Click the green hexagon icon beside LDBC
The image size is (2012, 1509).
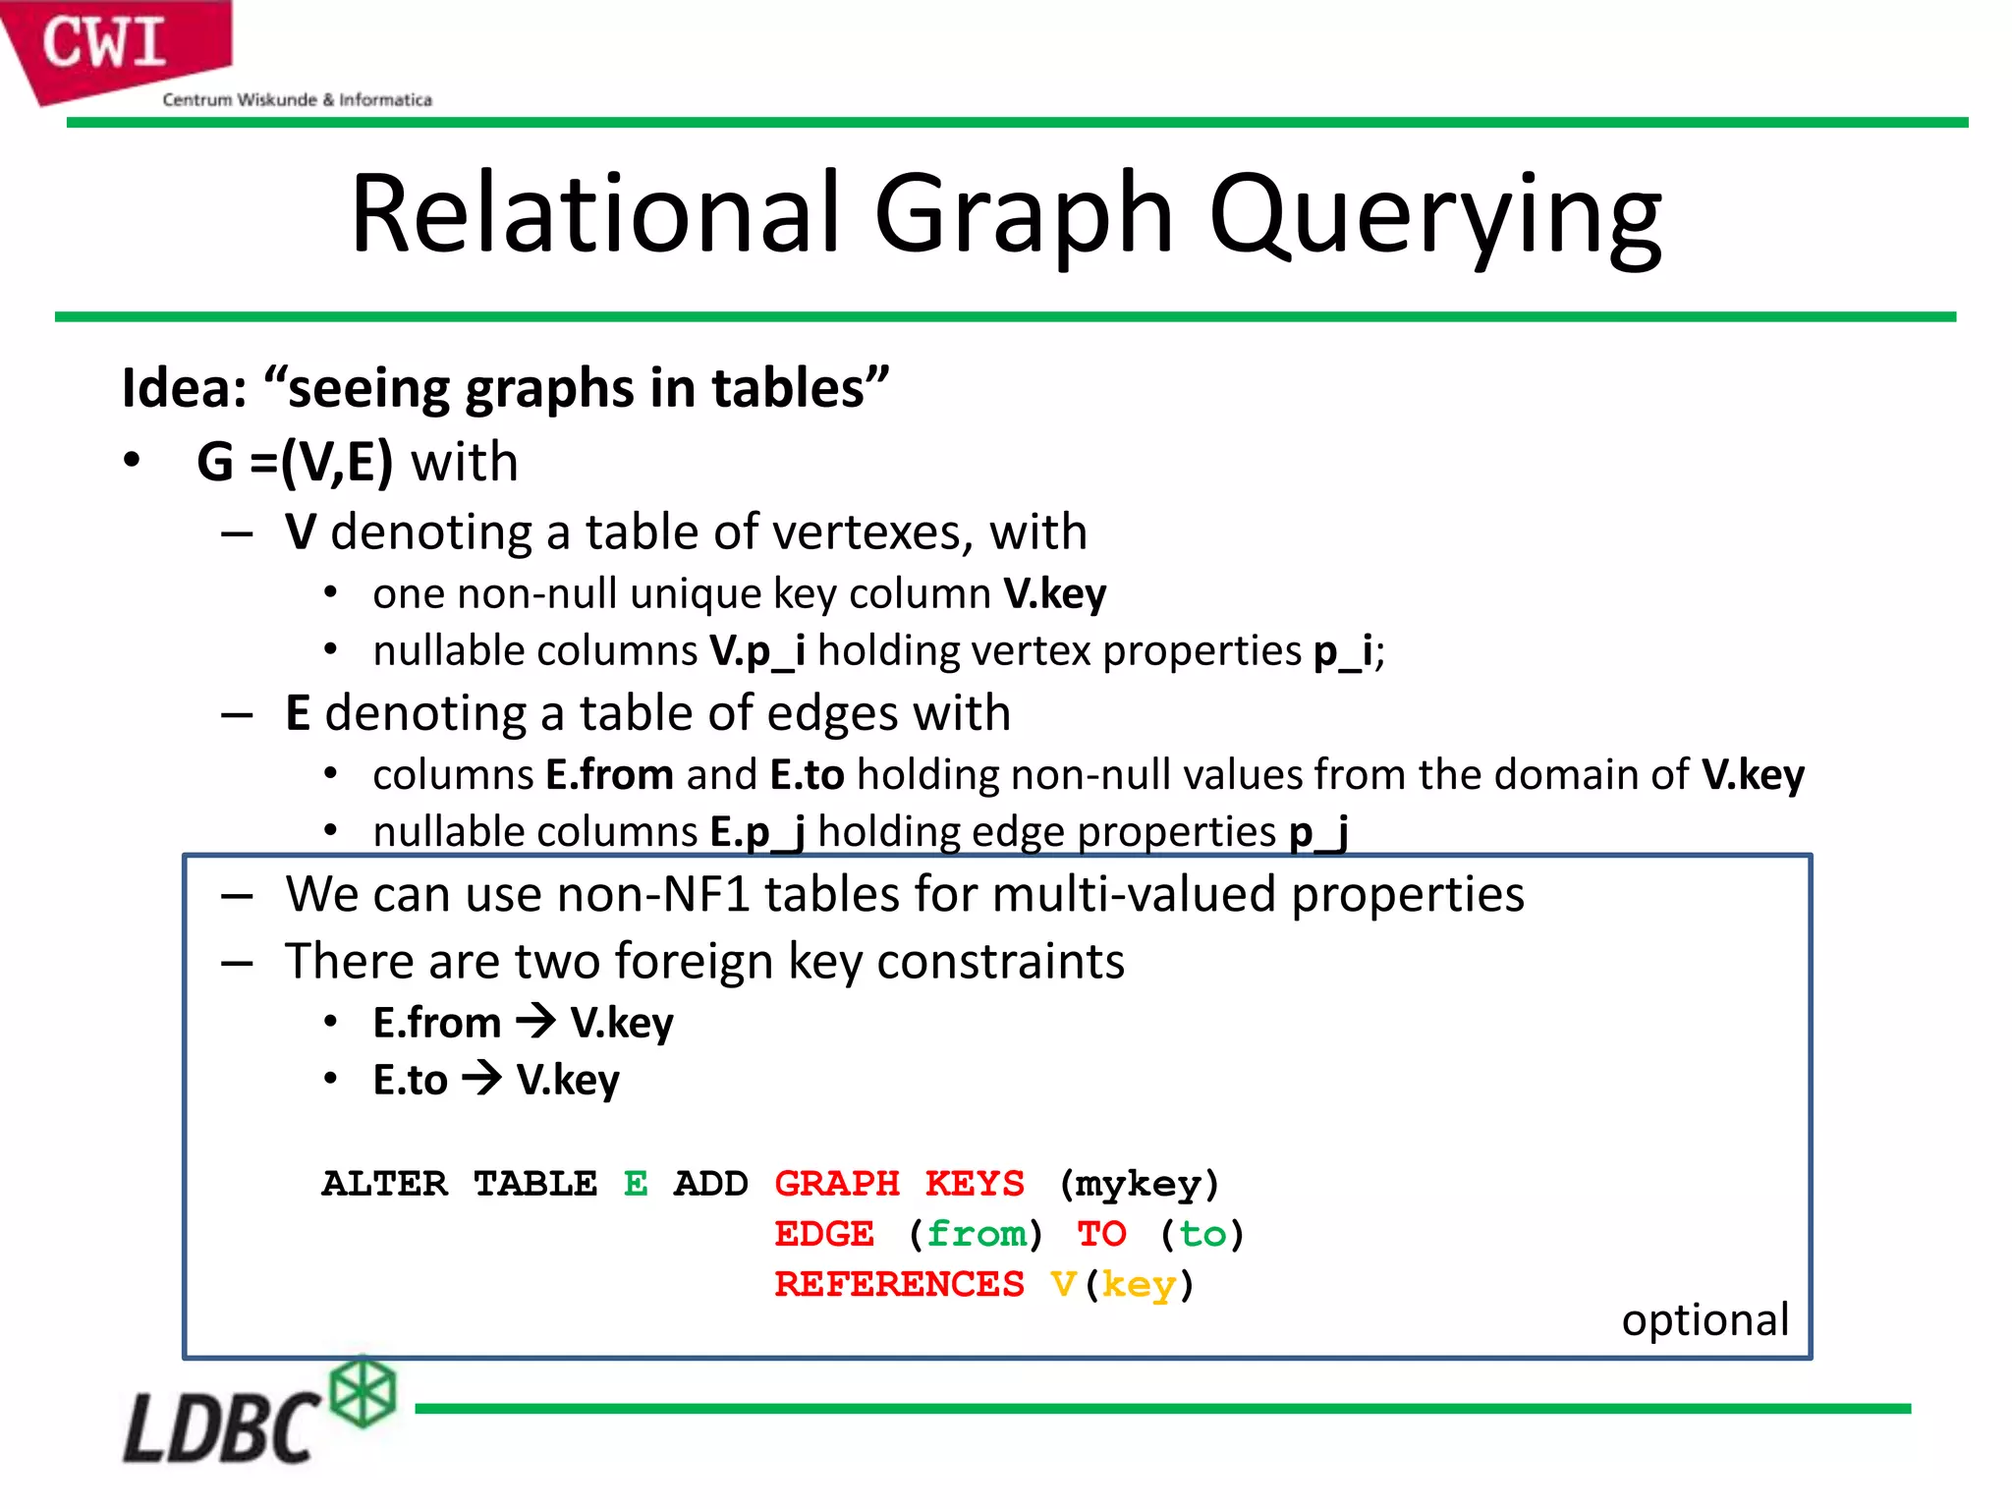363,1392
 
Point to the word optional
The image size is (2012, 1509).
1705,1319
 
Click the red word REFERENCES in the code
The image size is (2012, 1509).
899,1284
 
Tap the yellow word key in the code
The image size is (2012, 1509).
1138,1284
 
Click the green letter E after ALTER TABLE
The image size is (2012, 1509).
636,1184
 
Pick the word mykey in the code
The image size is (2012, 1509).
1138,1184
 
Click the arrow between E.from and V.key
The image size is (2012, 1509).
536,1022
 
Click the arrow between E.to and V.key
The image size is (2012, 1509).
482,1079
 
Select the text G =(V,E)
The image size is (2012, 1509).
295,462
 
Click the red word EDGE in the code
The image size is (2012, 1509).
823,1234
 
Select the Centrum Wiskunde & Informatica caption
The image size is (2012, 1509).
297,99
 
